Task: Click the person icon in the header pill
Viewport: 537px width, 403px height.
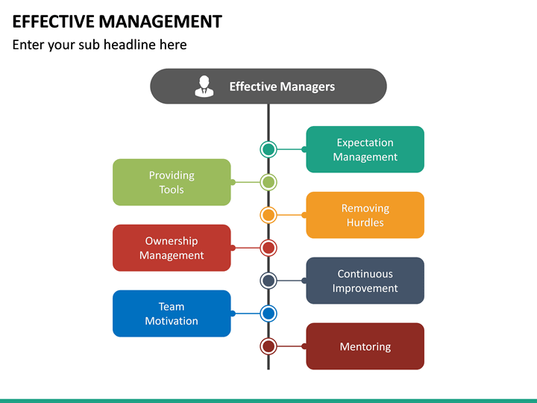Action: coord(204,87)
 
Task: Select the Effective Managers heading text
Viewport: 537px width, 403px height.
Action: coord(282,87)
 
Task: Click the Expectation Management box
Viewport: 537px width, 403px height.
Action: coord(365,149)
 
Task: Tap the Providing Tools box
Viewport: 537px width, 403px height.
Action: coord(172,182)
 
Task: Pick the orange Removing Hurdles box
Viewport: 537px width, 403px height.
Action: coord(365,215)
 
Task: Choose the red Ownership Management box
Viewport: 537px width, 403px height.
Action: coord(172,248)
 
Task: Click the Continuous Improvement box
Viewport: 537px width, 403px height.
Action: coord(365,281)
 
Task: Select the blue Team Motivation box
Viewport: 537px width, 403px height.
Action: coord(172,313)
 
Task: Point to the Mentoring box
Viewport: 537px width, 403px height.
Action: coord(365,346)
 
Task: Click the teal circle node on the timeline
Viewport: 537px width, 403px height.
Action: coord(268,149)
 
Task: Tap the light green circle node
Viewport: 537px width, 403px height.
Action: coord(268,182)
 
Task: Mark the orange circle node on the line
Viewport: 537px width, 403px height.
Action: coord(268,215)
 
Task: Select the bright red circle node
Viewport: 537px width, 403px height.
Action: coord(268,248)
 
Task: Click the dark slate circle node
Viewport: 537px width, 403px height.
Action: coord(268,281)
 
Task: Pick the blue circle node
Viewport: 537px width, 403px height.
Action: coord(268,313)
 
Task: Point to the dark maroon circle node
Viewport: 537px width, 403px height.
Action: coord(268,346)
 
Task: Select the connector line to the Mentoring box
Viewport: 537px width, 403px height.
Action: coord(291,346)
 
